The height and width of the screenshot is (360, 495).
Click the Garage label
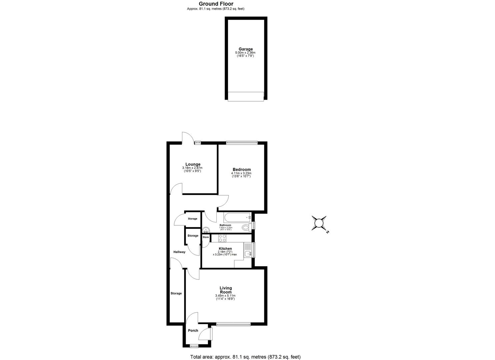pyautogui.click(x=245, y=49)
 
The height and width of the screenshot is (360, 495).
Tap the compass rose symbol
pyautogui.click(x=319, y=223)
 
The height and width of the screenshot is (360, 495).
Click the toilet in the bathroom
pyautogui.click(x=246, y=228)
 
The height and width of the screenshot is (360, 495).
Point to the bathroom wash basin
pyautogui.click(x=206, y=230)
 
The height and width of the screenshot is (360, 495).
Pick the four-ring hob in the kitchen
pyautogui.click(x=222, y=238)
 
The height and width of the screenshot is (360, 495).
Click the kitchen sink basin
pyautogui.click(x=248, y=254)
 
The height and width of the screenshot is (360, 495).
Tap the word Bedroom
pyautogui.click(x=241, y=170)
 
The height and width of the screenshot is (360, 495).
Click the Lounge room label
pyautogui.click(x=193, y=164)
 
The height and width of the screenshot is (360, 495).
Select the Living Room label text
pyautogui.click(x=226, y=290)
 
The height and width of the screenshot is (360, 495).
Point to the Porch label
pyautogui.click(x=193, y=331)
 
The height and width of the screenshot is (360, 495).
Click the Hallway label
pyautogui.click(x=179, y=252)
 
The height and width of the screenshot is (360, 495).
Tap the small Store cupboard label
pyautogui.click(x=205, y=237)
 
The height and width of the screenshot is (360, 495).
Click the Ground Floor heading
pyautogui.click(x=216, y=4)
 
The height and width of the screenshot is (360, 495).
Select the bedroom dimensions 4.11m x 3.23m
pyautogui.click(x=241, y=173)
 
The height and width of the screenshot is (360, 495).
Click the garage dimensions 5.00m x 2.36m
pyautogui.click(x=245, y=53)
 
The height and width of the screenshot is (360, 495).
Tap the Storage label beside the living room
pyautogui.click(x=176, y=293)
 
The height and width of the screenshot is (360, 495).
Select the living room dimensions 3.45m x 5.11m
pyautogui.click(x=225, y=296)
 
